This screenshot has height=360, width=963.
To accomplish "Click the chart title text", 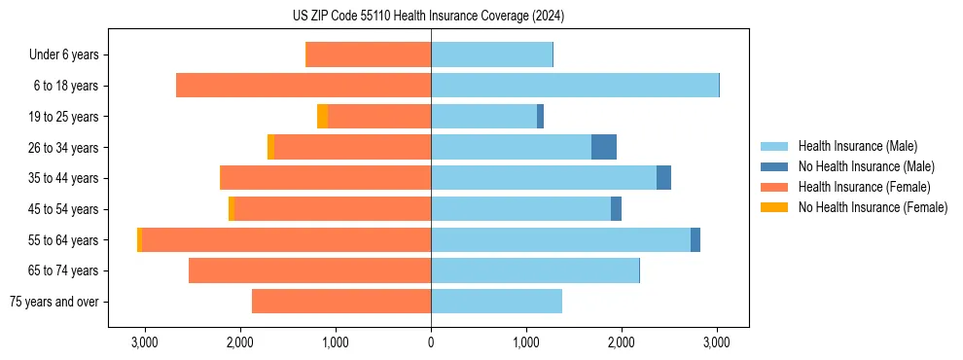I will click(428, 17).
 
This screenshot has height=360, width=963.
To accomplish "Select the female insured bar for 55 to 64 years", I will click(286, 239).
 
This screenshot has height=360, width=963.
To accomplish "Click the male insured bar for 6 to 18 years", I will click(574, 86).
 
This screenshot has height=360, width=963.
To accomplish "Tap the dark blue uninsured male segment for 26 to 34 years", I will click(604, 147).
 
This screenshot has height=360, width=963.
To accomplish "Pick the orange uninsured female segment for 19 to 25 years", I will click(322, 117).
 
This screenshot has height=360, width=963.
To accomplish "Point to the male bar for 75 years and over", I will click(496, 302).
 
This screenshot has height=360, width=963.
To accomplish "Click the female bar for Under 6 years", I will click(369, 54).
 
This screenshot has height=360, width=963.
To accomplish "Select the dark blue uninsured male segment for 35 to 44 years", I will click(663, 178).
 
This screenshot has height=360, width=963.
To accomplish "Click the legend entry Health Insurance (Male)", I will click(856, 146).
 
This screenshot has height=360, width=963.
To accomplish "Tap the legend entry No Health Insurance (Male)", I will click(866, 166).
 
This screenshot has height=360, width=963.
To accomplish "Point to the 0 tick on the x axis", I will click(431, 342).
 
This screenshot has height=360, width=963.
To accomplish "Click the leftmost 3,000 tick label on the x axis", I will click(144, 342).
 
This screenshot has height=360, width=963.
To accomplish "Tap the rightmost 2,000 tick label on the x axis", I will click(622, 342).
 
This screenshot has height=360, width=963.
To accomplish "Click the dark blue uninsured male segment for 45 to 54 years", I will click(616, 209).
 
